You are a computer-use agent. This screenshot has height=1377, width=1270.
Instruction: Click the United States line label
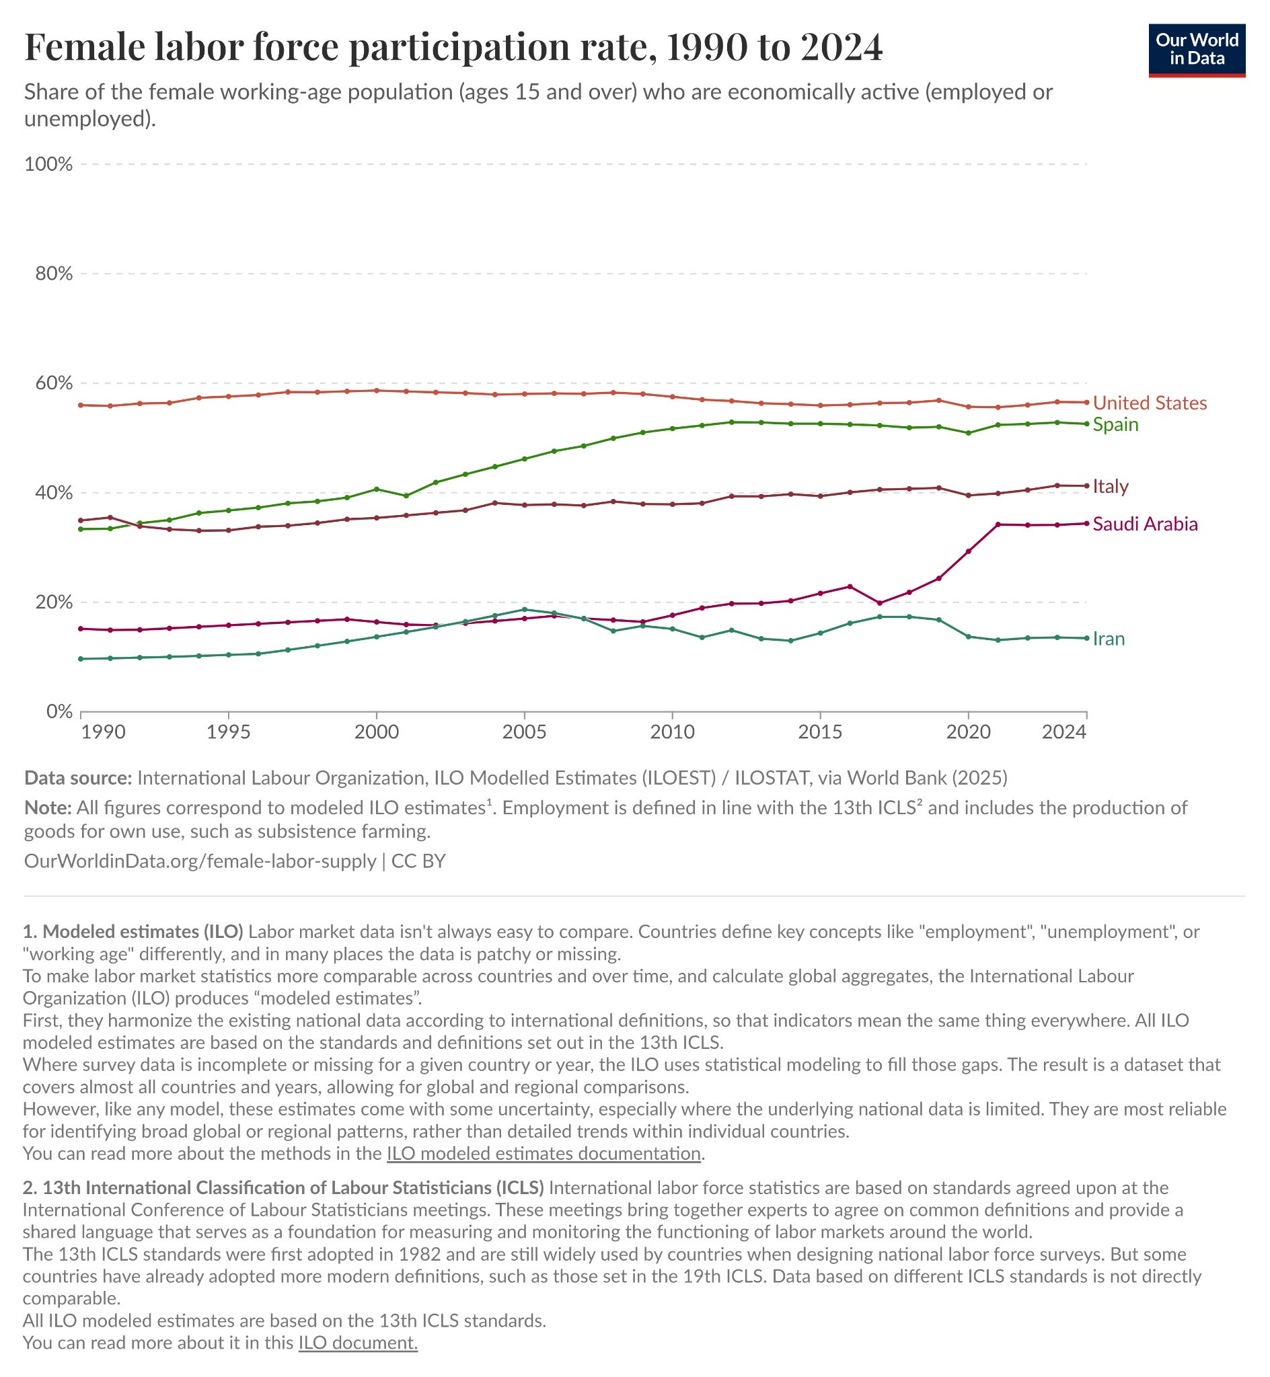(1150, 403)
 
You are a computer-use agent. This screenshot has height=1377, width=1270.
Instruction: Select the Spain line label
(1115, 424)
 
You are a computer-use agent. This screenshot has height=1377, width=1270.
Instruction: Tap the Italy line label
(1111, 486)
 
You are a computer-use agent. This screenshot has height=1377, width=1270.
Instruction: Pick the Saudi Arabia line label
(1145, 524)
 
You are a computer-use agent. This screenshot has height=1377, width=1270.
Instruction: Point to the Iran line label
(1109, 639)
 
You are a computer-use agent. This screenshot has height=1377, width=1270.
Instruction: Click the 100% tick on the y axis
(48, 164)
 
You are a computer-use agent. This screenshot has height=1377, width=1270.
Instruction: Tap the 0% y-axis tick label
(59, 711)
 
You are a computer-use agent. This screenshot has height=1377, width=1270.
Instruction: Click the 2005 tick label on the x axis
(525, 732)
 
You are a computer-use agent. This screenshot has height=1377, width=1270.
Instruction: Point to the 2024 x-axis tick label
(1064, 732)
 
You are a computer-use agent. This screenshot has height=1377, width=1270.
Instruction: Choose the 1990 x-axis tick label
(103, 732)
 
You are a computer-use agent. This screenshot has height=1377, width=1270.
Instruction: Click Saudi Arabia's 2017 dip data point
(880, 603)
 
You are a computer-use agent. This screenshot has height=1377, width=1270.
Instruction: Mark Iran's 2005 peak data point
(525, 610)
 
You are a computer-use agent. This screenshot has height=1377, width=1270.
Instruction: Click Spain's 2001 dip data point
(406, 496)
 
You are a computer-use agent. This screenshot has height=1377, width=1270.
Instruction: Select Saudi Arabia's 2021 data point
(998, 524)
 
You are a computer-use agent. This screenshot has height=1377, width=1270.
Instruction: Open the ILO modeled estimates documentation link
(544, 1153)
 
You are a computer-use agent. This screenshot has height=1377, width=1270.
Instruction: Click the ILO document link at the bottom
(358, 1343)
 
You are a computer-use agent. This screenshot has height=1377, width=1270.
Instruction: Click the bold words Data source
(77, 777)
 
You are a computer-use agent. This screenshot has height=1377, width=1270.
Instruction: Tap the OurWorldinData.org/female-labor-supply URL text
(200, 861)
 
